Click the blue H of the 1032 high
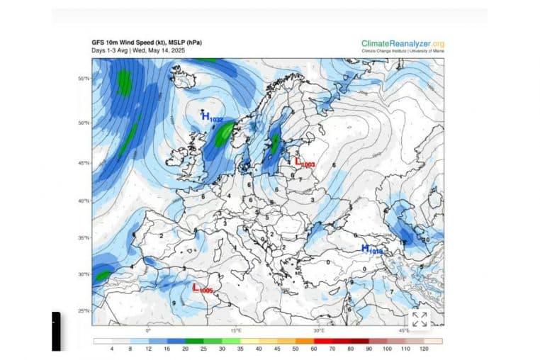point(206,117)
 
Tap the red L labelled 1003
point(299,162)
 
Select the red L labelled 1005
point(196,287)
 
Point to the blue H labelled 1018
point(365,248)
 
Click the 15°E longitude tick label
point(236,330)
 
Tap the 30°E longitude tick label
point(319,330)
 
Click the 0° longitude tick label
point(148,330)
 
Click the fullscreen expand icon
point(419,319)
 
